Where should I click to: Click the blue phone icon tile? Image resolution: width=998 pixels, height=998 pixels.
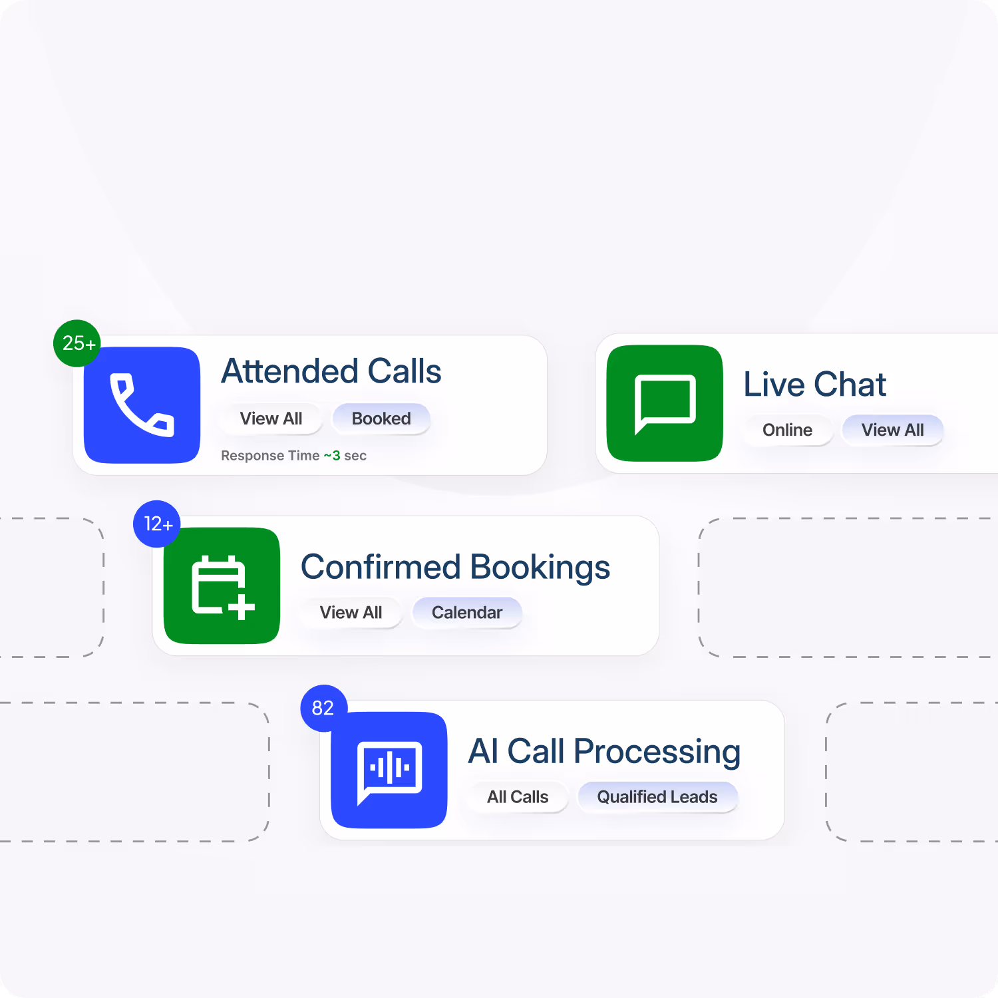click(142, 405)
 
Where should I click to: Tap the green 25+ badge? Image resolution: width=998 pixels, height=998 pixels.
click(77, 343)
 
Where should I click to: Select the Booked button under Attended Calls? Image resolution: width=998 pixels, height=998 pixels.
click(381, 418)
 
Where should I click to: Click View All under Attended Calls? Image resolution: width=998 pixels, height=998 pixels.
click(271, 418)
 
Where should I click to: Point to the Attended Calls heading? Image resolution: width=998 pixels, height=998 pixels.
click(331, 371)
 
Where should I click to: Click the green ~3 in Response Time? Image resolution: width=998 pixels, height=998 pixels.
click(332, 456)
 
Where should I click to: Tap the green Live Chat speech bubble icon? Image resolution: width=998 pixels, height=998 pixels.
click(665, 403)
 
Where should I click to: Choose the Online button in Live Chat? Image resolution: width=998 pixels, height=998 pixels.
click(787, 430)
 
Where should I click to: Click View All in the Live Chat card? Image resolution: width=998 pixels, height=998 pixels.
click(892, 430)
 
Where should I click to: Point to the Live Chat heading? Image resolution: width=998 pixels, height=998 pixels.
click(814, 385)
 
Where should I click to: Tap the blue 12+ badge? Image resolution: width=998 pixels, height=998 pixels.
click(157, 524)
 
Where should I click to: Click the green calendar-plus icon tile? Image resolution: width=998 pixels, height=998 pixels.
click(222, 585)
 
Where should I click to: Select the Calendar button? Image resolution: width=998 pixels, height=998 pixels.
click(467, 612)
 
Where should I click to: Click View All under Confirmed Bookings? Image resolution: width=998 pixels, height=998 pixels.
click(351, 612)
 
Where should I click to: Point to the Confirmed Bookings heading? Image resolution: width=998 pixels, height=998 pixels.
click(455, 567)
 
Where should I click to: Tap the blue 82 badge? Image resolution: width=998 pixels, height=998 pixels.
click(323, 708)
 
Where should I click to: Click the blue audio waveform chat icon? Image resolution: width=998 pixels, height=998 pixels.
click(389, 770)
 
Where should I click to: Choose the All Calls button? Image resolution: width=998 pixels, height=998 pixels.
click(518, 797)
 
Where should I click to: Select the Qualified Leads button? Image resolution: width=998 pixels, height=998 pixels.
click(657, 797)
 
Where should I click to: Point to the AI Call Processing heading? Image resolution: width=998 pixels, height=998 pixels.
click(604, 752)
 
